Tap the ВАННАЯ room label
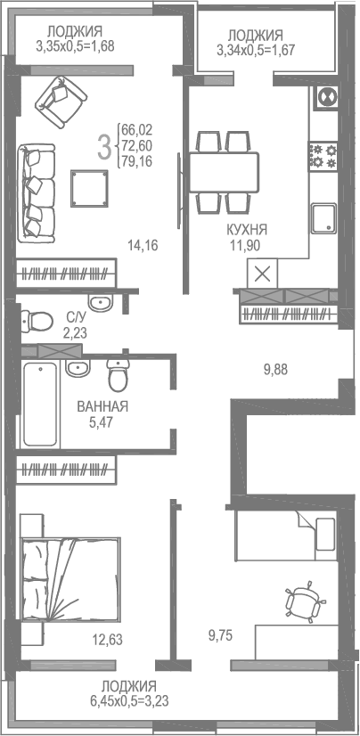click(102, 406)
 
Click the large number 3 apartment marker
click(105, 146)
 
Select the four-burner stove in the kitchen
click(322, 156)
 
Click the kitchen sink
click(323, 217)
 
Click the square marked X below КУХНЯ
click(264, 274)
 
